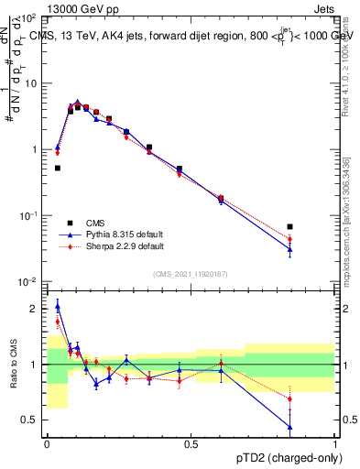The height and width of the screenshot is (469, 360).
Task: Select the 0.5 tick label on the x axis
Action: point(191,444)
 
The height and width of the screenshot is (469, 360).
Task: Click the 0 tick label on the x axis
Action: point(47,444)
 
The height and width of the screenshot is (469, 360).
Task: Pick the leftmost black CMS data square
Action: point(57,168)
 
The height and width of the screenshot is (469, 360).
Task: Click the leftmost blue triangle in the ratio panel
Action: point(57,306)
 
